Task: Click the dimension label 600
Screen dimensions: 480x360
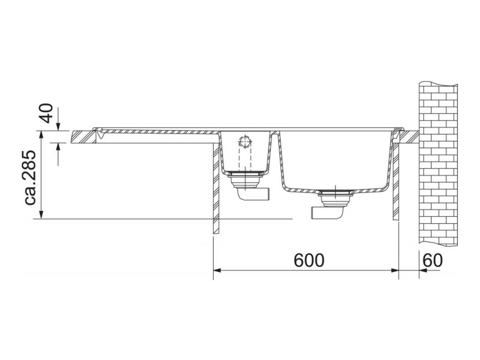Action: (x=309, y=260)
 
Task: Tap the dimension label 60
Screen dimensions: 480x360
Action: (x=432, y=260)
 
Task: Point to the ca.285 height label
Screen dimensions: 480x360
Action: (x=30, y=177)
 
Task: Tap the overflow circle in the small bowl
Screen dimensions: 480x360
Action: (x=245, y=141)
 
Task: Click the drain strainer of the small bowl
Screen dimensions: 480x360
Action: (x=244, y=174)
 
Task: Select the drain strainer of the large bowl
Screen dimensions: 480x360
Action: (x=335, y=192)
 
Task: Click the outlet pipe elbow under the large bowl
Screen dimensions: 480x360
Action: (x=328, y=212)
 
